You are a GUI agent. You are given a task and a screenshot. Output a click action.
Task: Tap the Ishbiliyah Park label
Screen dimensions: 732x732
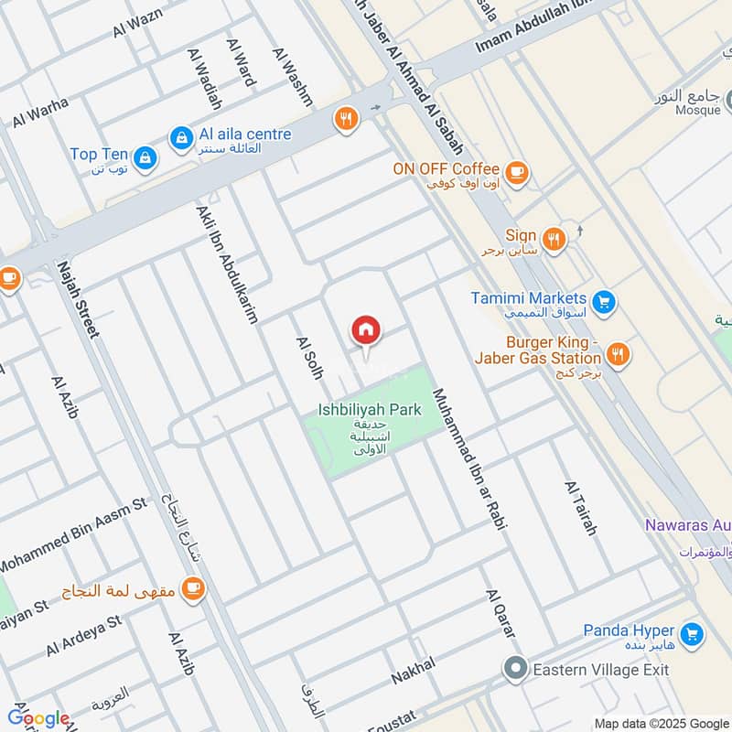pos(369,410)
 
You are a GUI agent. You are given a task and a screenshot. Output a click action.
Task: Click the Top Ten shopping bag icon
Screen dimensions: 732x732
pos(144,159)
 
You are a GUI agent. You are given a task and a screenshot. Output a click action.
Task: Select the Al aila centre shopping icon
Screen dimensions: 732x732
pos(181,137)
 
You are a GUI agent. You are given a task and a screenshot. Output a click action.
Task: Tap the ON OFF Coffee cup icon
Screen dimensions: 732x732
pos(517,171)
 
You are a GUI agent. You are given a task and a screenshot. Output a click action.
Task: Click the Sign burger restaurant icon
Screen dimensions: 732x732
pos(554,240)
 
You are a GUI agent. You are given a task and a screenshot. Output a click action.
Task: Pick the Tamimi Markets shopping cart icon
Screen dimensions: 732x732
pos(603,301)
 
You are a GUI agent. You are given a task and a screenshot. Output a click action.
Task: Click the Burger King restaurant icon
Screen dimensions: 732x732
pos(619,353)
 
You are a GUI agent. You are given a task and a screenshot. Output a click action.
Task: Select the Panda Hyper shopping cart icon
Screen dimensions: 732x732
pos(692,633)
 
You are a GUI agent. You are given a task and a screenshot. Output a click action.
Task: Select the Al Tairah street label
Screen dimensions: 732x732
pos(581,508)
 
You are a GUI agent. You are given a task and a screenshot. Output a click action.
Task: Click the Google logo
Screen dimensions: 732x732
pos(38,717)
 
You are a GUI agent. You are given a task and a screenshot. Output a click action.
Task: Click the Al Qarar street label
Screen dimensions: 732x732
pos(501,614)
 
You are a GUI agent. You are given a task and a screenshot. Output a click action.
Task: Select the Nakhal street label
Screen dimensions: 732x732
pos(413,671)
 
